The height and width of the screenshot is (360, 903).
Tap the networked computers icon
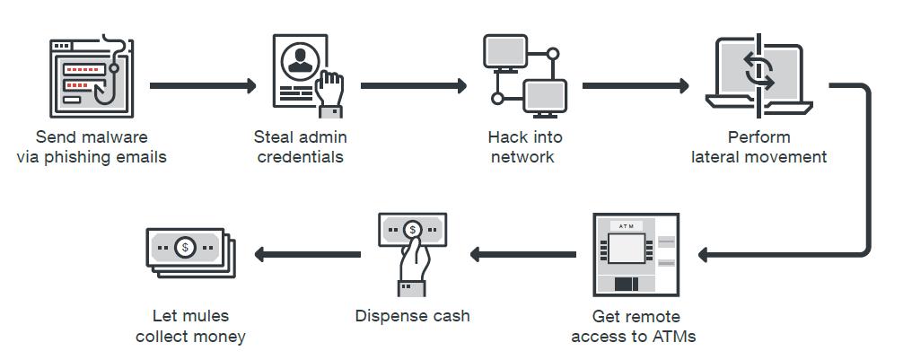coord(525,76)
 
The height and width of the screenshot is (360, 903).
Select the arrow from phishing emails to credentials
coord(203,86)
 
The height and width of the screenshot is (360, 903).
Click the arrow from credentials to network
coord(414,86)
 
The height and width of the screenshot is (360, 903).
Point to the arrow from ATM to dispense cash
coord(523,255)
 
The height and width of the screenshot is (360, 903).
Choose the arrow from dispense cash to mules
coord(308,255)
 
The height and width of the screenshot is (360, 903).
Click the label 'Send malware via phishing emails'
coord(92,147)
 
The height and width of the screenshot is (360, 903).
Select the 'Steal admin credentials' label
coord(300,147)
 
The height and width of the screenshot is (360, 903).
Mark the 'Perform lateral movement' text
coord(758,147)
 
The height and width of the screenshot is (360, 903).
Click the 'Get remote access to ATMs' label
coord(634,327)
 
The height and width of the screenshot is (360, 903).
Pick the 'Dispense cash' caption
coord(412,316)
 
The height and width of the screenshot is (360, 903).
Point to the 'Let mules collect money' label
coord(190,326)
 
